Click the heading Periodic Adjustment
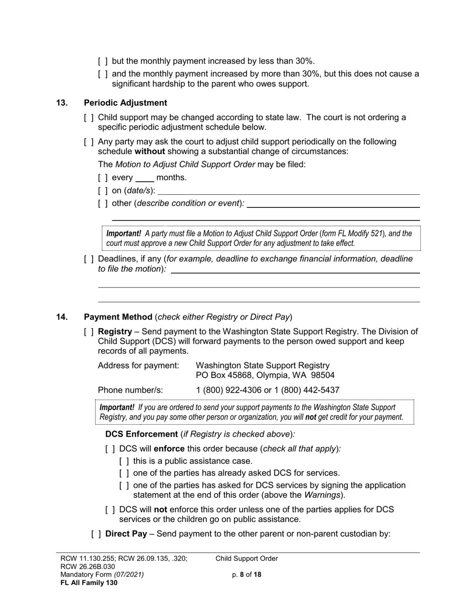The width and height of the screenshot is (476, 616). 125,103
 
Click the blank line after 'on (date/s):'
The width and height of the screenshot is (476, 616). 289,191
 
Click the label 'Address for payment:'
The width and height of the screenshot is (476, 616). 138,366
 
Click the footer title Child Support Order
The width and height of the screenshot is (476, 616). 247,559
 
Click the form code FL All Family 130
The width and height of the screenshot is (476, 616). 89,582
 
